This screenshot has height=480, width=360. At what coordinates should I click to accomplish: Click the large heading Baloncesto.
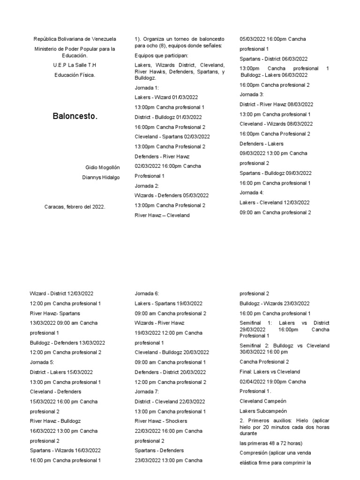75,116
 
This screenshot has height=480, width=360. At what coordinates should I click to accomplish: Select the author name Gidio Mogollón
103,167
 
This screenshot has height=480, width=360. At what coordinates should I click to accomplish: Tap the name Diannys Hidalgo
101,177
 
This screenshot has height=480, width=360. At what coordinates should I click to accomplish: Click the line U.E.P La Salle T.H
75,65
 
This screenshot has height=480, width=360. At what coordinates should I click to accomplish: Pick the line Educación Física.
75,75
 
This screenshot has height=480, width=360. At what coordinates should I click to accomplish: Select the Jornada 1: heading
146,88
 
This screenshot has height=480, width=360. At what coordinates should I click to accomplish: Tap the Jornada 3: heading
252,94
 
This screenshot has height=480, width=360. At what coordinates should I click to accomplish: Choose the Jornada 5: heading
41,362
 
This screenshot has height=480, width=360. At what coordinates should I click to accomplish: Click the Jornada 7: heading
147,391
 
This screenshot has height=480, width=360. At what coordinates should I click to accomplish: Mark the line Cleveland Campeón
262,401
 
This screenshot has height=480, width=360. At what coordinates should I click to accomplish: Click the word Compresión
254,453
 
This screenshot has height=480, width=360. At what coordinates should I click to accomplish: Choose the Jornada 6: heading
147,293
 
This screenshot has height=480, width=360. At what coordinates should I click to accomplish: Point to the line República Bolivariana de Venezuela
75,39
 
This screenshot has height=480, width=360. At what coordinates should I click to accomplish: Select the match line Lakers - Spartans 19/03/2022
168,303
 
